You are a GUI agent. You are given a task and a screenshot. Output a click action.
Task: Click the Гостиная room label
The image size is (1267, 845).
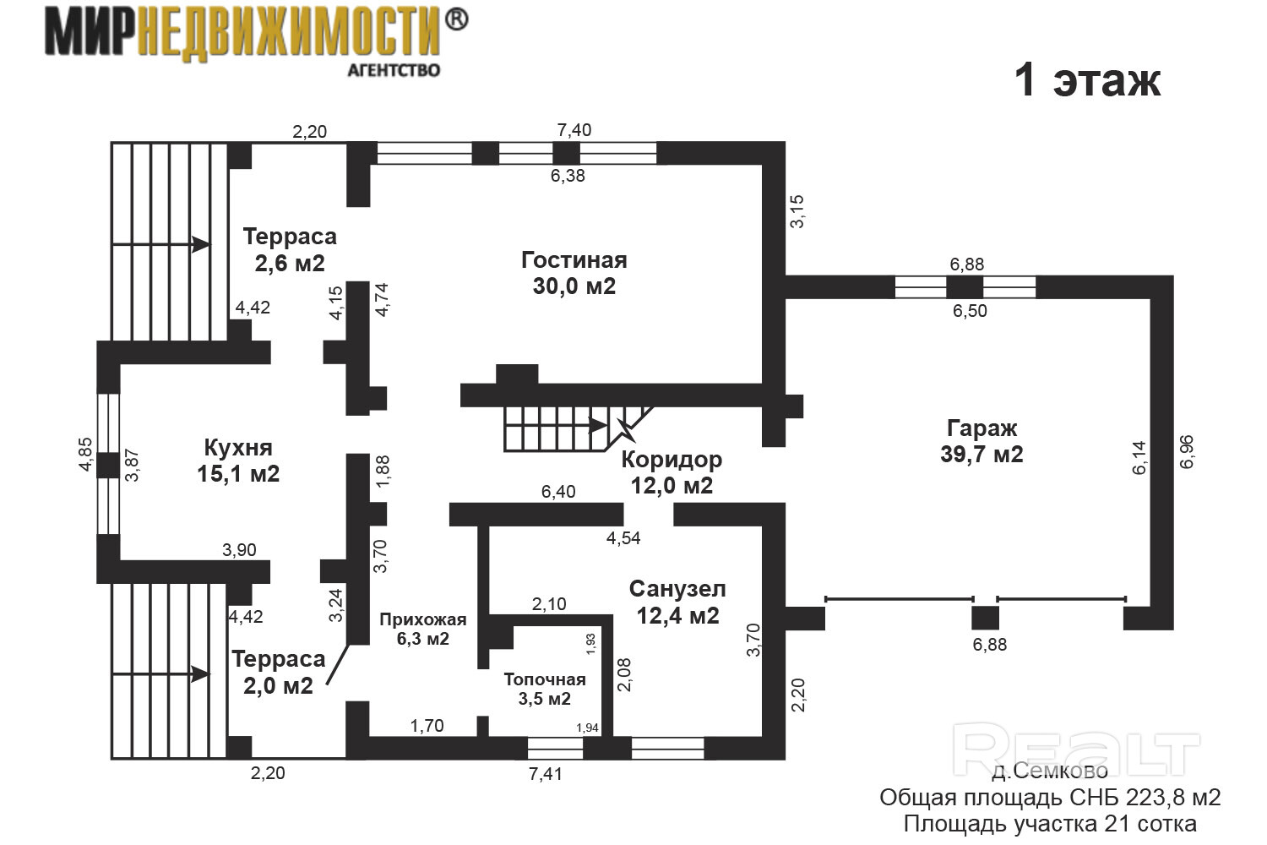574,273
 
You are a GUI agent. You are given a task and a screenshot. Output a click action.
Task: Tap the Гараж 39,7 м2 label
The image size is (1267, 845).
982,441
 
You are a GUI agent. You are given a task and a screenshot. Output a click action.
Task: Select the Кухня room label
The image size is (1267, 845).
238,460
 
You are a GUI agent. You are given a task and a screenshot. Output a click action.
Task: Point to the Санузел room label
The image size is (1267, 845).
677,602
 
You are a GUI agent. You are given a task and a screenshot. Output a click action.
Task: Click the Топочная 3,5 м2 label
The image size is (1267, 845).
545,689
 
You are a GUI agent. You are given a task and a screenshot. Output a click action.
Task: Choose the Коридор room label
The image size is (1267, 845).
672,472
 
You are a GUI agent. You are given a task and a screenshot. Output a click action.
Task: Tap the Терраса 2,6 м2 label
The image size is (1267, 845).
290,249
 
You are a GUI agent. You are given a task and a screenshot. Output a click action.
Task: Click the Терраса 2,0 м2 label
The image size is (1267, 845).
278,672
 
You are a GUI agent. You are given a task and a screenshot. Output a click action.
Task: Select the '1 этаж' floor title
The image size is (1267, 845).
1087,81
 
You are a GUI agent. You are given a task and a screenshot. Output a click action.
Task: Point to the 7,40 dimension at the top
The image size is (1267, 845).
574,130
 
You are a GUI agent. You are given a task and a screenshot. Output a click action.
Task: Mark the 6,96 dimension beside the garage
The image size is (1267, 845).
1187,452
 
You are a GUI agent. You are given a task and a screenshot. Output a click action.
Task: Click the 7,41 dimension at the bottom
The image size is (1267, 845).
545,773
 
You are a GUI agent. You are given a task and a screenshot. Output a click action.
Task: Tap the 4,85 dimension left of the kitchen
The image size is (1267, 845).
86,456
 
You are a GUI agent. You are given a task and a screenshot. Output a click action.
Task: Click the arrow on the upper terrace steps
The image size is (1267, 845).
200,244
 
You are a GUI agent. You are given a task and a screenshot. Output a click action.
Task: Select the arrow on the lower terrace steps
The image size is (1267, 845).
200,674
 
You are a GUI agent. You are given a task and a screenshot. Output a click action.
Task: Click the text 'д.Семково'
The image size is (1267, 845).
1049,771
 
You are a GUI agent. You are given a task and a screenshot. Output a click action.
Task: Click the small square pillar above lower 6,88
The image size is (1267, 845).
985,617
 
